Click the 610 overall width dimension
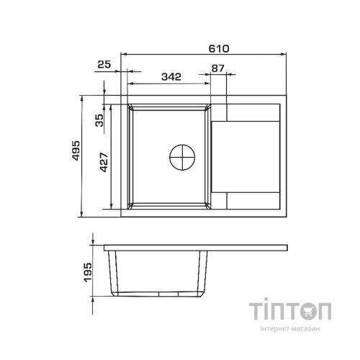tap(219, 49)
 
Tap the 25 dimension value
tap(104, 64)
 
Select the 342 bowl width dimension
tap(171, 77)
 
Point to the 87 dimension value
tap(217, 68)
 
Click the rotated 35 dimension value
tap(99, 120)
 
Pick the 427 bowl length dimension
tap(104, 162)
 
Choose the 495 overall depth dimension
tap(76, 150)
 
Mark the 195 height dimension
tap(87, 272)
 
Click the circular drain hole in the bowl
tap(182, 157)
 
